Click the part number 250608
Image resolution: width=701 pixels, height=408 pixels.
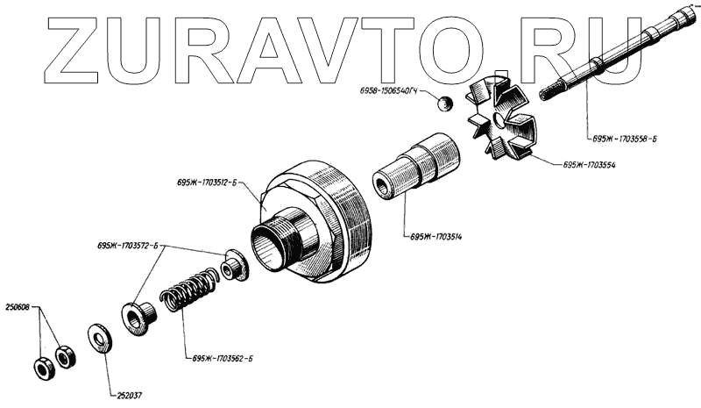[x=18, y=308]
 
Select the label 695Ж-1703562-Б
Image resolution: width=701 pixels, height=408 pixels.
[x=220, y=359]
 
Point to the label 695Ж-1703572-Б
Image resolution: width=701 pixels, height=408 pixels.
[x=131, y=247]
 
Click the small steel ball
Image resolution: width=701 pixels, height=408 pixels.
[x=446, y=104]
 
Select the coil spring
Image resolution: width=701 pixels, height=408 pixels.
[x=188, y=291]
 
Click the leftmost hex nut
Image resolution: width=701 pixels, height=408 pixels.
[x=43, y=368]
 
